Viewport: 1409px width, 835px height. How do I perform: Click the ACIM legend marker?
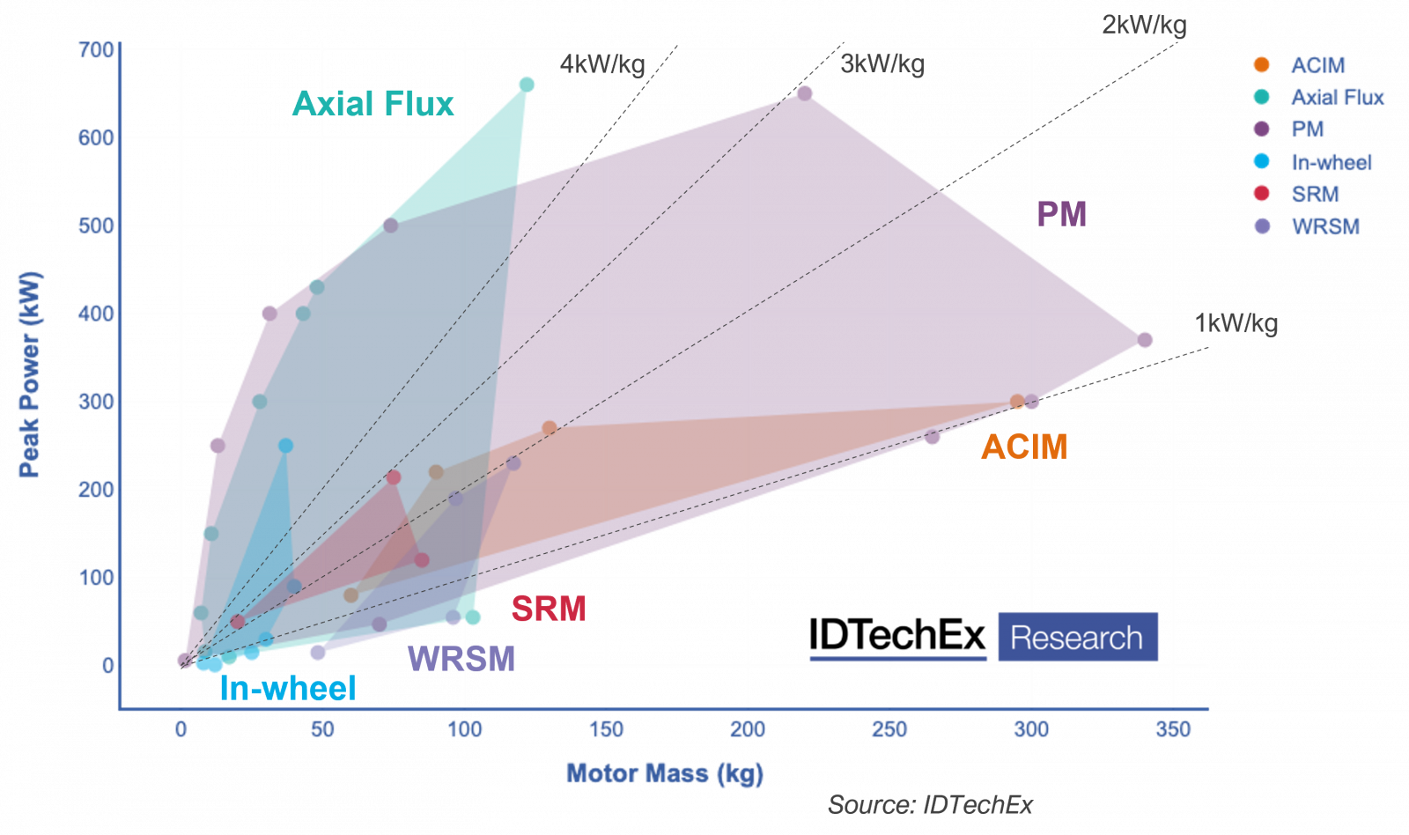pos(1261,64)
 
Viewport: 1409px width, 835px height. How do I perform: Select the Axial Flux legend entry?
pos(1337,97)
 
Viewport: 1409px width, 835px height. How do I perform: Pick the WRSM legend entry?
pos(1325,226)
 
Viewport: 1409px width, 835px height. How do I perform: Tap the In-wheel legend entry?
pos(1332,162)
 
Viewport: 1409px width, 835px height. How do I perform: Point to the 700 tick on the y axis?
pos(96,49)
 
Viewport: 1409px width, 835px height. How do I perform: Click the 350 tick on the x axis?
pos(1173,729)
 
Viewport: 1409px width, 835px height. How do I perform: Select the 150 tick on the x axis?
pos(606,729)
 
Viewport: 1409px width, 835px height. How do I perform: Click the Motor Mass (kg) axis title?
pos(664,773)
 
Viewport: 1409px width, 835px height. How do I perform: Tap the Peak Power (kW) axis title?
pos(29,373)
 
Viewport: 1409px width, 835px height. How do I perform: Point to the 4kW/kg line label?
pos(602,64)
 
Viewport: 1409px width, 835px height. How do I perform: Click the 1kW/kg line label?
pos(1236,323)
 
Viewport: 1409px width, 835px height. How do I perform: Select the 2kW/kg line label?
pos(1144,25)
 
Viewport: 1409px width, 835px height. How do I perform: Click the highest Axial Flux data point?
pos(527,85)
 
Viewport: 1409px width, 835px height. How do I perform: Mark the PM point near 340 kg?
pos(1144,340)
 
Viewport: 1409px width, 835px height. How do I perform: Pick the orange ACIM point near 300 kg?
pos(1018,402)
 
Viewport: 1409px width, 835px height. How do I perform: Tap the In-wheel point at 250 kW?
pos(285,446)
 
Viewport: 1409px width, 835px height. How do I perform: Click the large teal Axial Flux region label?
pos(373,104)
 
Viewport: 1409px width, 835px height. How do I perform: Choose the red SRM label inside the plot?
pos(548,609)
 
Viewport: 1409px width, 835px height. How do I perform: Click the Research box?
pos(1077,637)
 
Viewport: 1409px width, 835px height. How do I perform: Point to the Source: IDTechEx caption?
pos(930,805)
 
